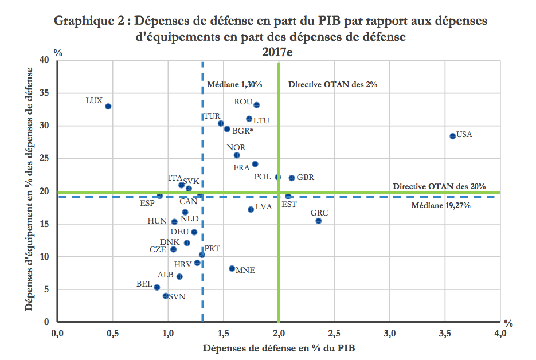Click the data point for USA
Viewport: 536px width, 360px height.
tap(452, 136)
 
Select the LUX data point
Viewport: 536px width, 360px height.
tap(108, 106)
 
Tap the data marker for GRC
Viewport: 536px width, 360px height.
tap(318, 221)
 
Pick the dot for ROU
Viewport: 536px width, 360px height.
tap(256, 105)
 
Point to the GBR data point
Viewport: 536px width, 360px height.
tap(291, 178)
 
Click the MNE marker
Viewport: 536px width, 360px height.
tap(232, 268)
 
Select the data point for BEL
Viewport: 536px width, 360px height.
tap(157, 287)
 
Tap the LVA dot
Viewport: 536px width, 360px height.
tap(251, 209)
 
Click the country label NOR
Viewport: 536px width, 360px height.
tap(236, 148)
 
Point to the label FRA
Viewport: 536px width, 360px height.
tap(241, 168)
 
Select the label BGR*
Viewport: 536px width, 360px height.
tap(243, 131)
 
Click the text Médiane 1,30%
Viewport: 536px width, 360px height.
tap(234, 84)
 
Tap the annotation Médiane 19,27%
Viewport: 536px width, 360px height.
tap(441, 205)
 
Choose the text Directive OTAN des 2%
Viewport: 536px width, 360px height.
tap(332, 84)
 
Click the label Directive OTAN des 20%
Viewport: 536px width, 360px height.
tap(439, 186)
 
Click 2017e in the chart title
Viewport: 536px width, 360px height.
tap(278, 52)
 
